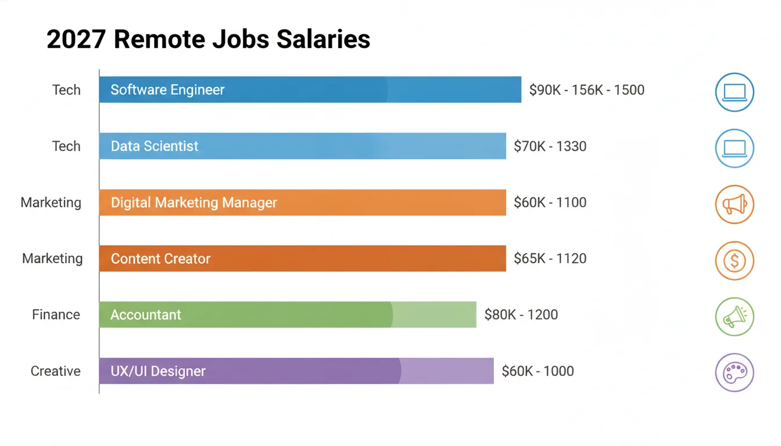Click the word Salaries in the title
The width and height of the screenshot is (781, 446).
(x=323, y=39)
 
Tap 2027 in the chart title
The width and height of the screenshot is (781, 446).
(x=76, y=39)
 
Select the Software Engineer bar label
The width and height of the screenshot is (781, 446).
(x=167, y=90)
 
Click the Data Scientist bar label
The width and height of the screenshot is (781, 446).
(x=155, y=146)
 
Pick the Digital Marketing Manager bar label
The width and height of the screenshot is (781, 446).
(x=194, y=203)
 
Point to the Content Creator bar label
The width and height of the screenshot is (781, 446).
(x=160, y=258)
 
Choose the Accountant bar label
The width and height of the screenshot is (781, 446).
(x=146, y=315)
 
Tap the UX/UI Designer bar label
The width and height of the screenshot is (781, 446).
(x=158, y=371)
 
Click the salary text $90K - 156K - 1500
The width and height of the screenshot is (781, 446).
(x=587, y=90)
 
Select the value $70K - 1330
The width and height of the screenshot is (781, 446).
(x=550, y=146)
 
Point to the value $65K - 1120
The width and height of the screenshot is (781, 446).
(x=550, y=258)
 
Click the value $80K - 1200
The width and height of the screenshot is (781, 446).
(x=521, y=315)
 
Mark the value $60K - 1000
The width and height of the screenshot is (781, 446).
(x=538, y=371)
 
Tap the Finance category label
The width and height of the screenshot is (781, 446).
(x=56, y=315)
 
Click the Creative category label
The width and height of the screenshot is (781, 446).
(x=55, y=371)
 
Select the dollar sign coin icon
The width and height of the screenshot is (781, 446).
(x=735, y=261)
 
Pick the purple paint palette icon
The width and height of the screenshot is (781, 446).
(x=735, y=372)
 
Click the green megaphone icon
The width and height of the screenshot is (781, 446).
(x=735, y=316)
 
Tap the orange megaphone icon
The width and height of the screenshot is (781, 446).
(x=735, y=204)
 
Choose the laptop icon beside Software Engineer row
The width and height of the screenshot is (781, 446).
(x=735, y=92)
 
